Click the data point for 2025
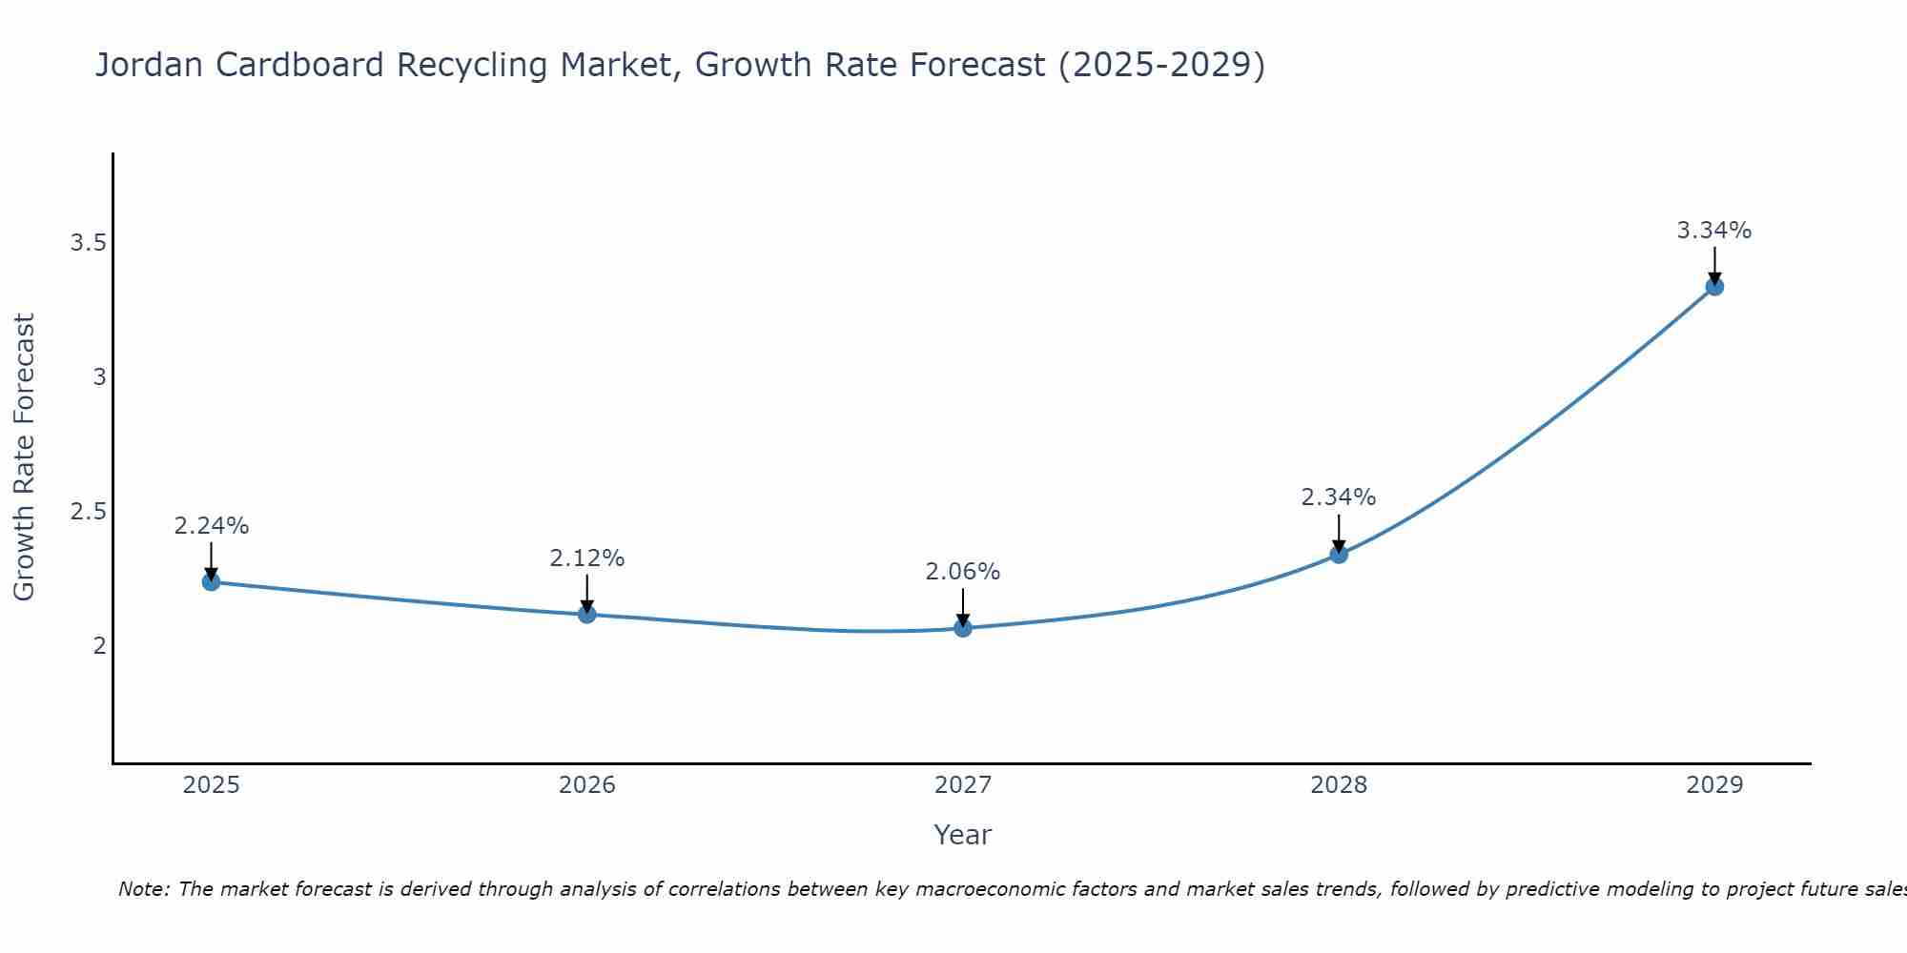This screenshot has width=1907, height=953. (212, 581)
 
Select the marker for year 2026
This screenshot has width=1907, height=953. (587, 614)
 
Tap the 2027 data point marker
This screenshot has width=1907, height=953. (963, 628)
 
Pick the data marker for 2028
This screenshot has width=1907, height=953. (1339, 554)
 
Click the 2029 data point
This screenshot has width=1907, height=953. (1714, 286)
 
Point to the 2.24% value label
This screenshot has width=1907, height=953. (212, 526)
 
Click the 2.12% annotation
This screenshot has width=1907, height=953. (587, 558)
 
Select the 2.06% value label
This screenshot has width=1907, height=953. (963, 572)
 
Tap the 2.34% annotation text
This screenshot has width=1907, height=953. (1339, 497)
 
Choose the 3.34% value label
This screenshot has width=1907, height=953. (1714, 231)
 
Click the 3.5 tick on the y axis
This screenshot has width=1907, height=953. (88, 243)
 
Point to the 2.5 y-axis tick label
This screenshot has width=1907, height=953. (88, 512)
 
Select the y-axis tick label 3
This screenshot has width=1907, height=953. (99, 377)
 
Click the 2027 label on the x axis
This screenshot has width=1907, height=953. (963, 785)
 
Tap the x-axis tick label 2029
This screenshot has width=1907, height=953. (1714, 785)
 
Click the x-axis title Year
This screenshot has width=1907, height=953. (963, 835)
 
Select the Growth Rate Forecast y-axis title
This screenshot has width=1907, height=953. (25, 457)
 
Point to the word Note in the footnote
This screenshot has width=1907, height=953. (143, 889)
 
